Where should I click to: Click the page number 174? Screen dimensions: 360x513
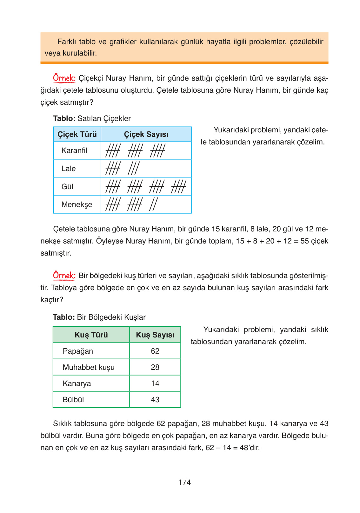coord(184,483)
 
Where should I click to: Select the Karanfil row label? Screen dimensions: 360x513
coord(74,150)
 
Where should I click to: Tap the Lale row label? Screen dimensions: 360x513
coord(69,169)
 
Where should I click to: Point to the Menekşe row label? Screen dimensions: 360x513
coord(77,204)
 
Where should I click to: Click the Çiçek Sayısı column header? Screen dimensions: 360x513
coord(146,134)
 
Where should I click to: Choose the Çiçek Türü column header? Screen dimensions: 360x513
coord(77,134)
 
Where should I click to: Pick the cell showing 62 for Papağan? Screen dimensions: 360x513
coord(155,351)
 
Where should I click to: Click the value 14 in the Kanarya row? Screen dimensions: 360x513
coord(155,383)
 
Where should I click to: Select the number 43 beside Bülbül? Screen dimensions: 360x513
coord(155,400)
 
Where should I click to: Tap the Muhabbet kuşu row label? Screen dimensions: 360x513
coord(89,367)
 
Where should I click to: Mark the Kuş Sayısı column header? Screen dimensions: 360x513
coord(155,335)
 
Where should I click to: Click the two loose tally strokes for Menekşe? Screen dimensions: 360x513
coord(153,204)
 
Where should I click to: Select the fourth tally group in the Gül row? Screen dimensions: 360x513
coord(178,186)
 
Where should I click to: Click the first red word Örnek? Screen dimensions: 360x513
coord(64,78)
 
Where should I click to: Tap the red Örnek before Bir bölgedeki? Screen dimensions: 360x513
coord(64,276)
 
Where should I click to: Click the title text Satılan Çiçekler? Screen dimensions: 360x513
coord(104,118)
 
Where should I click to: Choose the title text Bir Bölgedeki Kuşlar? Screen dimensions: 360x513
coord(111,317)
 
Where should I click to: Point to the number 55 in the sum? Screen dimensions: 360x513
coord(304,241)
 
